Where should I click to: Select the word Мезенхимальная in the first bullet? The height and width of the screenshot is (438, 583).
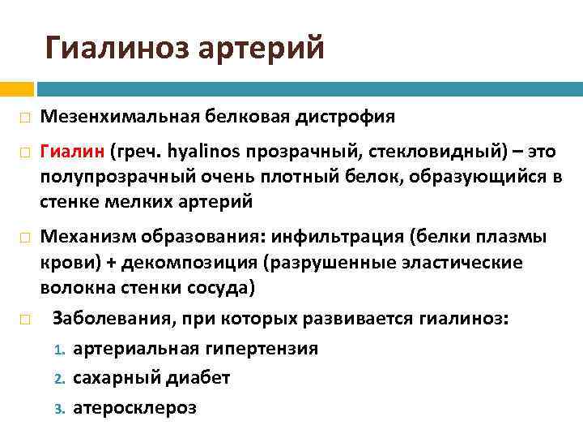[113, 117]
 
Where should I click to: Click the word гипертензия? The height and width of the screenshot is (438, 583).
[262, 349]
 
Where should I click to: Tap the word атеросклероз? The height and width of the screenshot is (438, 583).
[134, 407]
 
